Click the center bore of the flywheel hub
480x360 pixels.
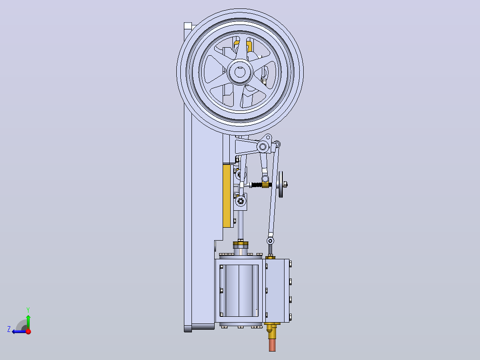pyautogui.click(x=240, y=72)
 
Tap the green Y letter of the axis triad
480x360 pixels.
pyautogui.click(x=28, y=310)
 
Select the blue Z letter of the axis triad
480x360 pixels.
pyautogui.click(x=9, y=329)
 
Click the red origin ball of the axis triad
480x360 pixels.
pyautogui.click(x=28, y=331)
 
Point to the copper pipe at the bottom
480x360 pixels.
pyautogui.click(x=272, y=344)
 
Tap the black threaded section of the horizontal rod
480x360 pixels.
pyautogui.click(x=256, y=185)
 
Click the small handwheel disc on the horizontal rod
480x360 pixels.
pyautogui.click(x=281, y=184)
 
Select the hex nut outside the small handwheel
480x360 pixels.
pyautogui.click(x=285, y=184)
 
